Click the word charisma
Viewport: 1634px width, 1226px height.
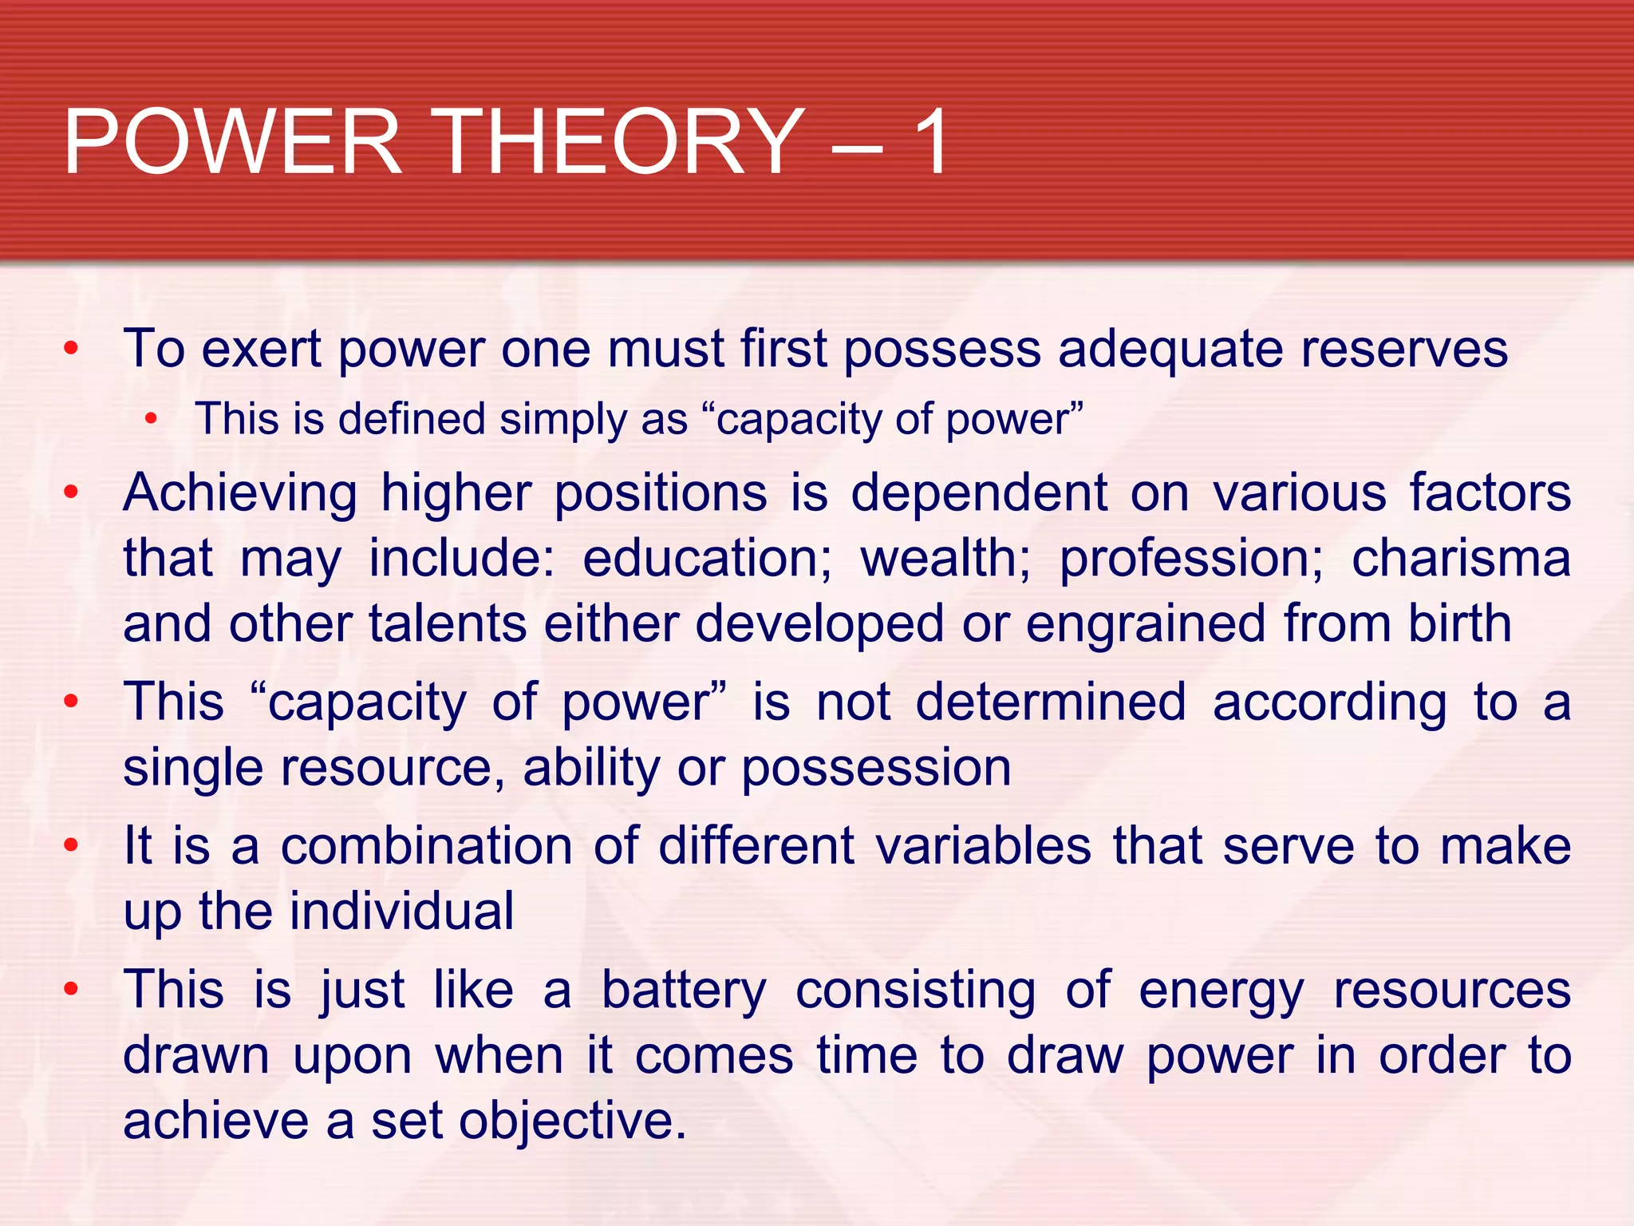1461,559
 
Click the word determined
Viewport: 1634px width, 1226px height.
1050,703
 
